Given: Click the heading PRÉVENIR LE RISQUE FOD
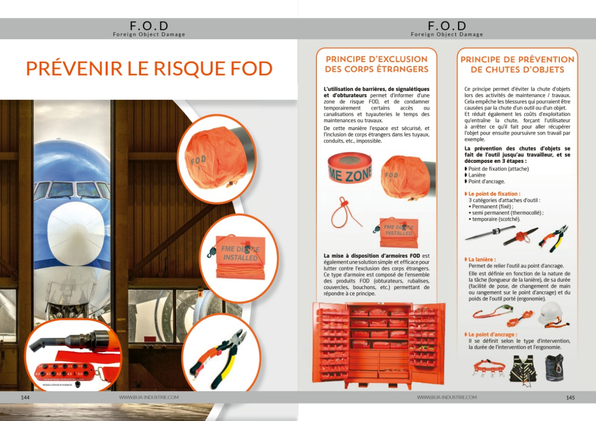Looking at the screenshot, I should click(x=149, y=69).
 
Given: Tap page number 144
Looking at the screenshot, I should click(x=25, y=397).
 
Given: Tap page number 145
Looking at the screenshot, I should click(x=570, y=397).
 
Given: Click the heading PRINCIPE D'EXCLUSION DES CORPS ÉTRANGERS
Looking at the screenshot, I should click(x=376, y=64).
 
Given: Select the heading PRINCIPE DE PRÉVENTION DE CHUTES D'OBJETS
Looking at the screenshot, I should click(x=517, y=65).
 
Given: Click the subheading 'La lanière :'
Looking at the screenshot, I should click(x=482, y=260).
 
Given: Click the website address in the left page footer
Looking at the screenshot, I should click(x=149, y=397).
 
